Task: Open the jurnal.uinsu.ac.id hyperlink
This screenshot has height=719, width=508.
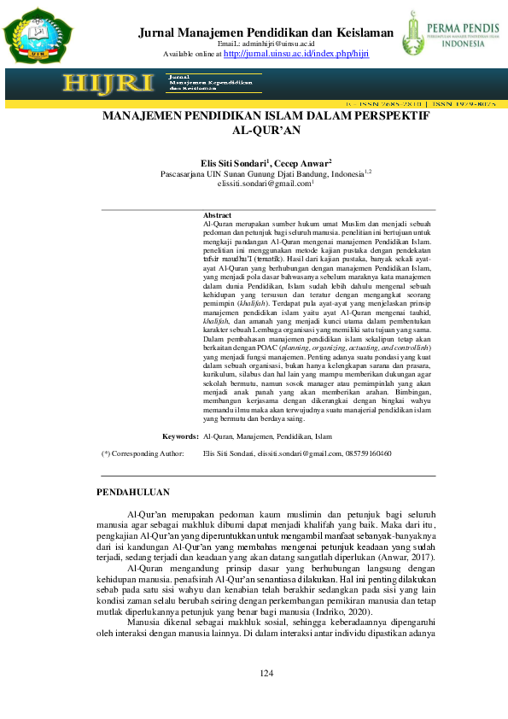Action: (295, 53)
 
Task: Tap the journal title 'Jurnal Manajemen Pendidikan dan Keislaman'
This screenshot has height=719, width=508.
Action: (266, 33)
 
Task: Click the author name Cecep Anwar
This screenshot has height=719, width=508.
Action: (304, 162)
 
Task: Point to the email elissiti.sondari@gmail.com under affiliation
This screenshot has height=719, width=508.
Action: (265, 183)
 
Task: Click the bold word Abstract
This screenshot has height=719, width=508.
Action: (218, 214)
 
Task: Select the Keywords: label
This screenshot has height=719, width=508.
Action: (180, 435)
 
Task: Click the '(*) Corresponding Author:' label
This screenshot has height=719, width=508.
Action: (143, 453)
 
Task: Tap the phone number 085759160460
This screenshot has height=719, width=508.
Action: (369, 453)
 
